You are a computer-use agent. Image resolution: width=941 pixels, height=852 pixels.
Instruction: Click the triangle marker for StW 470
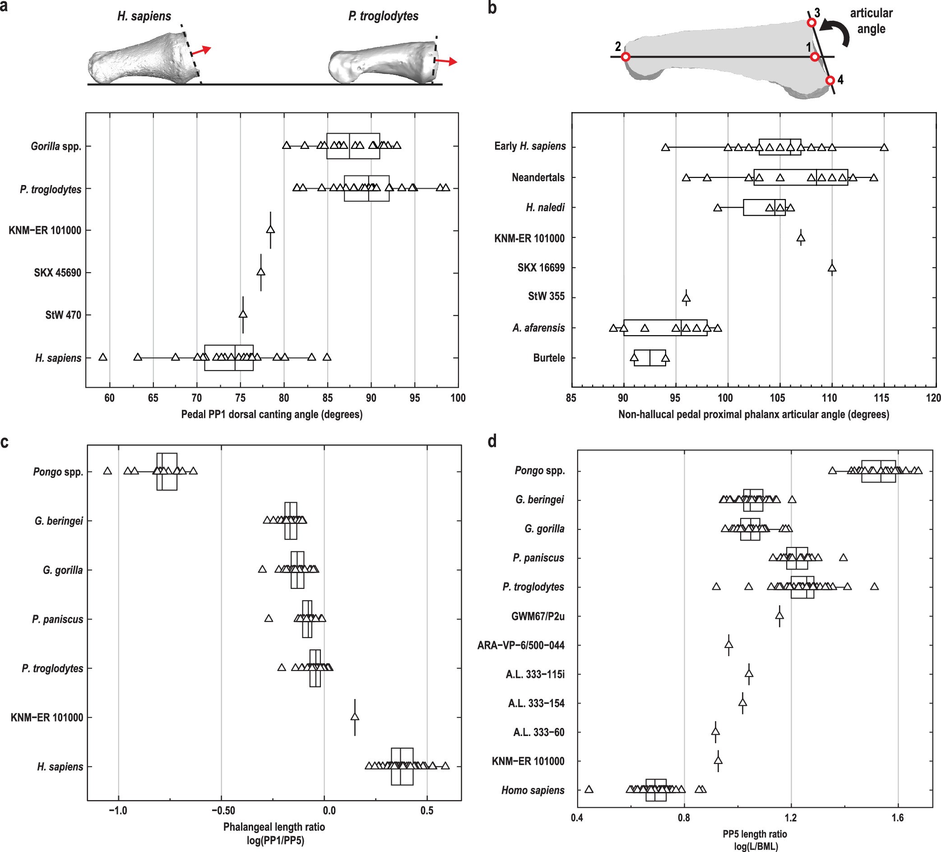pos(243,314)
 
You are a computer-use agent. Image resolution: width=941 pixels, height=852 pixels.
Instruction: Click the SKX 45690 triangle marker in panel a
pos(261,272)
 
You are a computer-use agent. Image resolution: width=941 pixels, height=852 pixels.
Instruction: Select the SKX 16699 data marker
pos(831,268)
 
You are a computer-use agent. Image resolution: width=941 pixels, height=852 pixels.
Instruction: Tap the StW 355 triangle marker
pos(686,297)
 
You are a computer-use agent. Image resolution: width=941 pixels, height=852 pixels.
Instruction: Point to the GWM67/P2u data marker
pos(779,616)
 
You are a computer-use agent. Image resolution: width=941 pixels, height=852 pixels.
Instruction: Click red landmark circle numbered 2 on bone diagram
pos(626,57)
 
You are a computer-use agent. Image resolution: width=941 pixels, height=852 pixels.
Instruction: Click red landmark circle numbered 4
pos(830,80)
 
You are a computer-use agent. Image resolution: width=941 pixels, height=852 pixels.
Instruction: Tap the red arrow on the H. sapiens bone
pos(202,50)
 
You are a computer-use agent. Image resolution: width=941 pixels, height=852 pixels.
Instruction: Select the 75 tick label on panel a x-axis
pos(240,398)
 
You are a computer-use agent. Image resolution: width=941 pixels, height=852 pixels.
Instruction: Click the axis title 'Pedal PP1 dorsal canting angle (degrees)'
pos(272,414)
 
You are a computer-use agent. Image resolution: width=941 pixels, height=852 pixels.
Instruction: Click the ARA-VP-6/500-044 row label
pos(520,645)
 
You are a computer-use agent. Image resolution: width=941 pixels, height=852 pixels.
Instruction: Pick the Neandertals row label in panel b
pos(538,177)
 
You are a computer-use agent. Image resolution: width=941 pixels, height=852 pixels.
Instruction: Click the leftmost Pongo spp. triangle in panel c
pos(107,471)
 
